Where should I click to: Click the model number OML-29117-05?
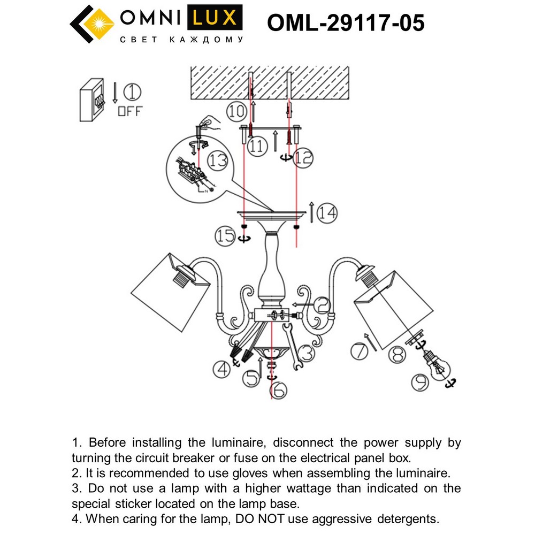346,23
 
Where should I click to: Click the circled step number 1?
133,93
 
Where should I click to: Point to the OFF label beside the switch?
130,112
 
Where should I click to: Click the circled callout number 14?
327,214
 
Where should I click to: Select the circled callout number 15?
226,235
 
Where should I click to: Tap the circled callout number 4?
221,369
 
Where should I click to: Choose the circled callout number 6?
278,391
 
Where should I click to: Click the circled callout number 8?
397,355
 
